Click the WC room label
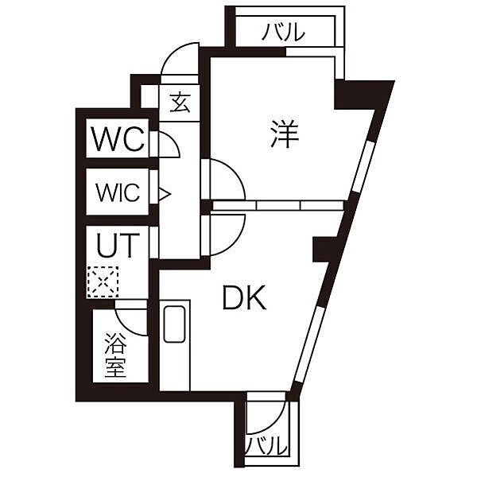pyautogui.click(x=118, y=139)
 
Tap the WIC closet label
pyautogui.click(x=118, y=192)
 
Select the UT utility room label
pyautogui.click(x=118, y=245)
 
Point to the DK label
pyautogui.click(x=244, y=297)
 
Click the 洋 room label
pyautogui.click(x=285, y=134)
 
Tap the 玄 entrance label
pyautogui.click(x=180, y=103)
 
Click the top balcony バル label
pyautogui.click(x=284, y=32)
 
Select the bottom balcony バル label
pyautogui.click(x=266, y=447)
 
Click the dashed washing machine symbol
pyautogui.click(x=103, y=281)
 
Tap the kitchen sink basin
pyautogui.click(x=174, y=324)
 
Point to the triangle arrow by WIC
pyautogui.click(x=165, y=194)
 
